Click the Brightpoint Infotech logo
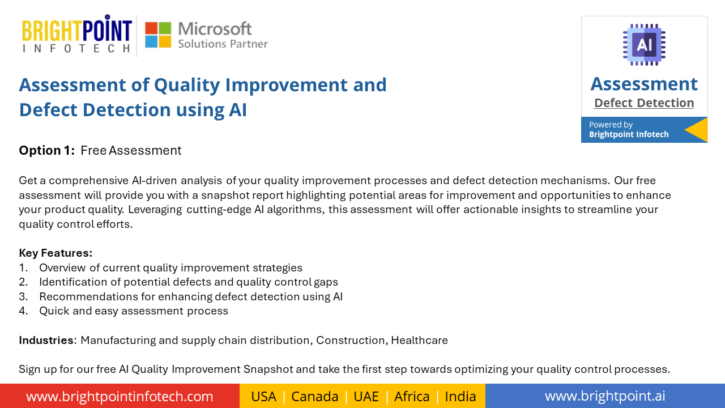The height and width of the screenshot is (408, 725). (77, 33)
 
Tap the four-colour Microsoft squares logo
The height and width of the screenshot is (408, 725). (158, 35)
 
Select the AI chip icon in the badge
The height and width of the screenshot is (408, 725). (644, 44)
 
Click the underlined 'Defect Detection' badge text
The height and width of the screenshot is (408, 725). (644, 103)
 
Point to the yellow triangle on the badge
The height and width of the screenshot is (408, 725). (698, 130)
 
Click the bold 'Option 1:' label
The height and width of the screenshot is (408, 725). (47, 151)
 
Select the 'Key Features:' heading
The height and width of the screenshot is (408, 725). (56, 253)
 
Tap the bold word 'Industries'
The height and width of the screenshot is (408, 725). (46, 341)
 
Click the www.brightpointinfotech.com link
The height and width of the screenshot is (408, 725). (120, 396)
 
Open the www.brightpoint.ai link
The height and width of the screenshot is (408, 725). (605, 396)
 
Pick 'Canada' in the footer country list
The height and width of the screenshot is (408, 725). (314, 397)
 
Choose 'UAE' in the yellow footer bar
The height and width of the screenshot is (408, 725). (366, 397)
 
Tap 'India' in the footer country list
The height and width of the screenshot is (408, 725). (460, 397)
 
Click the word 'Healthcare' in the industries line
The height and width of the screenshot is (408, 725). (419, 341)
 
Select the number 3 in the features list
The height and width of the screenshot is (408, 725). (23, 296)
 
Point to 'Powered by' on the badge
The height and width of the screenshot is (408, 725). (611, 125)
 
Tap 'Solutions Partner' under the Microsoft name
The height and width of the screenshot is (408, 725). (223, 44)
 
